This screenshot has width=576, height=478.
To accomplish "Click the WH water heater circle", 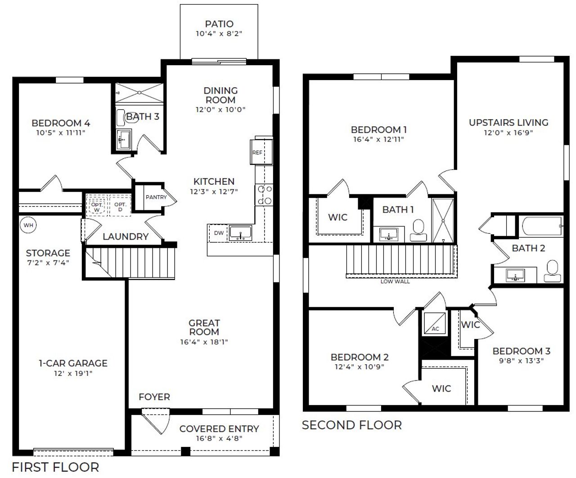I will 28,225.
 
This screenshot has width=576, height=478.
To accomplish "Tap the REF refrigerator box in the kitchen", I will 257,152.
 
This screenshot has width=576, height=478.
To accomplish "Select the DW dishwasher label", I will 219,232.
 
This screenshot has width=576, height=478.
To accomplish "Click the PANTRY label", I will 156,197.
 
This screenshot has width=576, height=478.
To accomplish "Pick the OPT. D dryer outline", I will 120,206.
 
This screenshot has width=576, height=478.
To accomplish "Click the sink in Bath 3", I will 122,140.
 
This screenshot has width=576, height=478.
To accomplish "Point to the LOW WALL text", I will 395,281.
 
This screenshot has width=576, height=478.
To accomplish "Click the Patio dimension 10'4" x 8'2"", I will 219,34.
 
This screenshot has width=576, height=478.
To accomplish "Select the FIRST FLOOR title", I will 55,467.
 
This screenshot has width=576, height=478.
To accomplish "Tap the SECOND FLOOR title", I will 351,425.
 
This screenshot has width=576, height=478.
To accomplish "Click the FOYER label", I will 154,397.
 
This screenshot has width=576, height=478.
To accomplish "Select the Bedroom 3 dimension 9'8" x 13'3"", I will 521,361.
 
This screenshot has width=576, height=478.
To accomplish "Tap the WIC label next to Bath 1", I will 337,218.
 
